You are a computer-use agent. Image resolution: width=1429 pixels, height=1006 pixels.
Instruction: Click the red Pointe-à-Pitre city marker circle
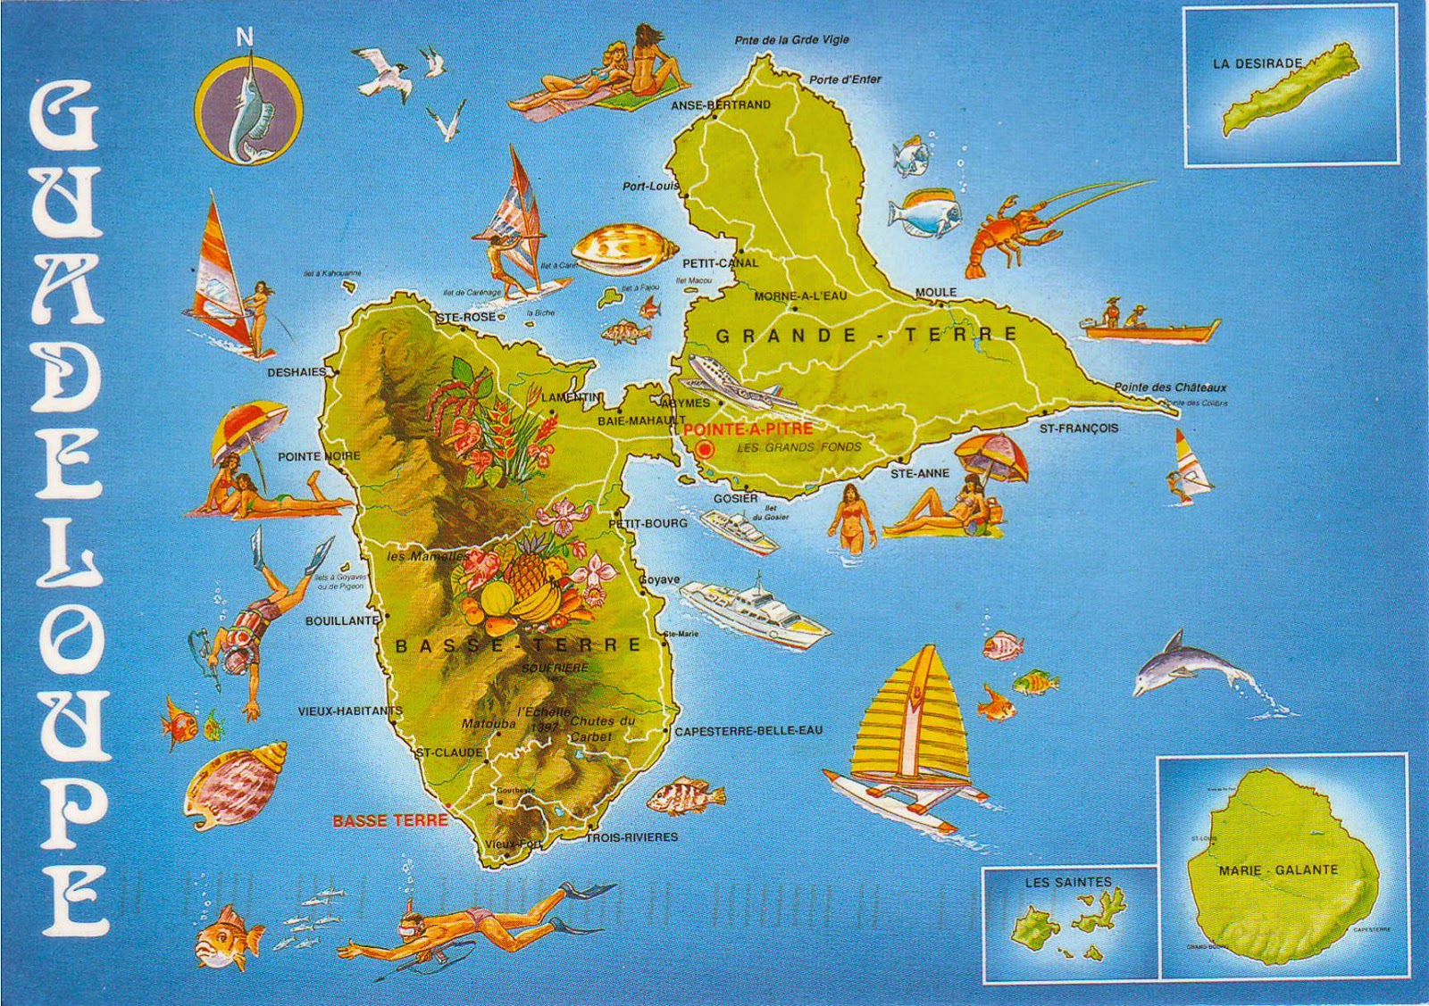click(x=705, y=449)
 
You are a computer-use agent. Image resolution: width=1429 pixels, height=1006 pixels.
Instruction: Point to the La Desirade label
click(x=1257, y=64)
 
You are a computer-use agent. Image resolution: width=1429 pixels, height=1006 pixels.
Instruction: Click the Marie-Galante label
click(x=1278, y=869)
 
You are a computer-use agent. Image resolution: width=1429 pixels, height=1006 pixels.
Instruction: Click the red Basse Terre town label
click(x=389, y=821)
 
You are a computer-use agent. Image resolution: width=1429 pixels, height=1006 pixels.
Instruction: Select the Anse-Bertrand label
click(x=720, y=105)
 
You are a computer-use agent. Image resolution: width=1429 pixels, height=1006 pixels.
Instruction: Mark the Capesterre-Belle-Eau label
click(x=748, y=730)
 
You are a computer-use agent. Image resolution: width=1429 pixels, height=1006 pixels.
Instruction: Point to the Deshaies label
click(x=297, y=373)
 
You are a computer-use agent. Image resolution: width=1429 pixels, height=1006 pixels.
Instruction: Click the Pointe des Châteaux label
click(x=1169, y=387)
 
